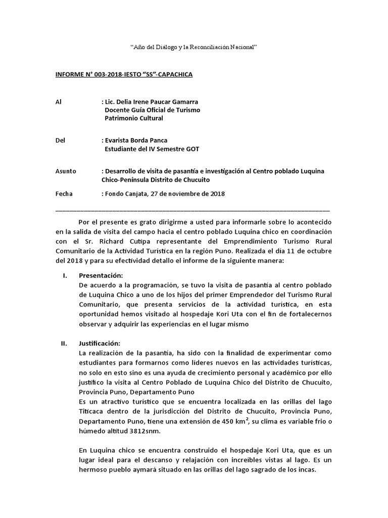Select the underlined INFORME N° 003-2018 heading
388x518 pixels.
124,74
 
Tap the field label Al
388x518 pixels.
58,102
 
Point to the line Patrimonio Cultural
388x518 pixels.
134,118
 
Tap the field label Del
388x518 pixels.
60,140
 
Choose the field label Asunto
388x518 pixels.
65,171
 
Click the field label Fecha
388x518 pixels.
64,193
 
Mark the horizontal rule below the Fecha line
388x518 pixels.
192,209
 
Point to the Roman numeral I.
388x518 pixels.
64,275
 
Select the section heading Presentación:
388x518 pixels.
101,275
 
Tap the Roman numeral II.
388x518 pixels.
64,343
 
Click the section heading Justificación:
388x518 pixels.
100,343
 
